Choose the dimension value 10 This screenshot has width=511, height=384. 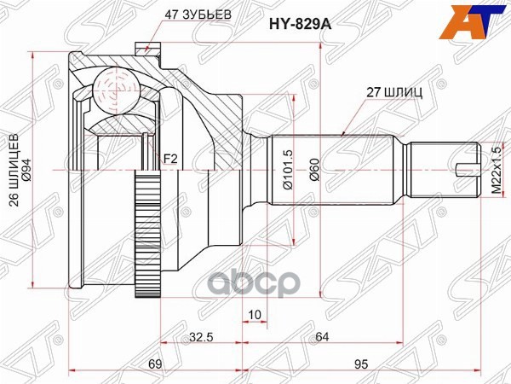pyautogui.click(x=231, y=314)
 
